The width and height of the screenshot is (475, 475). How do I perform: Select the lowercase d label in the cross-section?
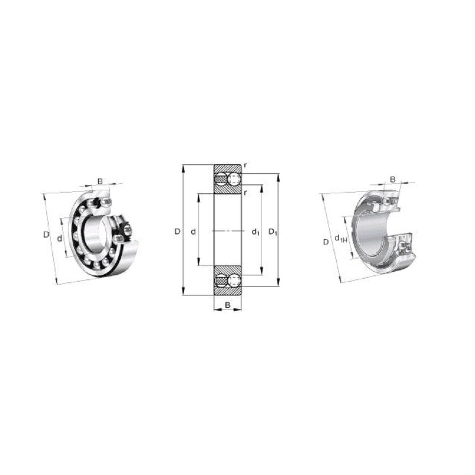point(193,231)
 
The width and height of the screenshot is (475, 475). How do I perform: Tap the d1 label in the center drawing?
point(255,232)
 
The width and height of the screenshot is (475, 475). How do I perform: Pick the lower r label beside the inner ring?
point(245,192)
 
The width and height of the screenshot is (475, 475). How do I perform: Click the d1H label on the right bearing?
point(341,239)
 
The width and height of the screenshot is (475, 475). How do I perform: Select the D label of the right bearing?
point(325,242)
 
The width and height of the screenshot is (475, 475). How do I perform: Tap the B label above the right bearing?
point(392,179)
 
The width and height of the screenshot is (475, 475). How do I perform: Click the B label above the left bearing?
point(100,181)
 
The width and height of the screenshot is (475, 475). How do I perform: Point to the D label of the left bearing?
point(46,235)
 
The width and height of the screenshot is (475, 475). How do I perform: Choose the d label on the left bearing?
point(59,238)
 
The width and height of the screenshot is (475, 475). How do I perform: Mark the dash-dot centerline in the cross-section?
point(227,231)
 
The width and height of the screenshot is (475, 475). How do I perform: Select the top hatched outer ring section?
point(227,168)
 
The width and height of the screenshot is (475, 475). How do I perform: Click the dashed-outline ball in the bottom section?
point(234,281)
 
